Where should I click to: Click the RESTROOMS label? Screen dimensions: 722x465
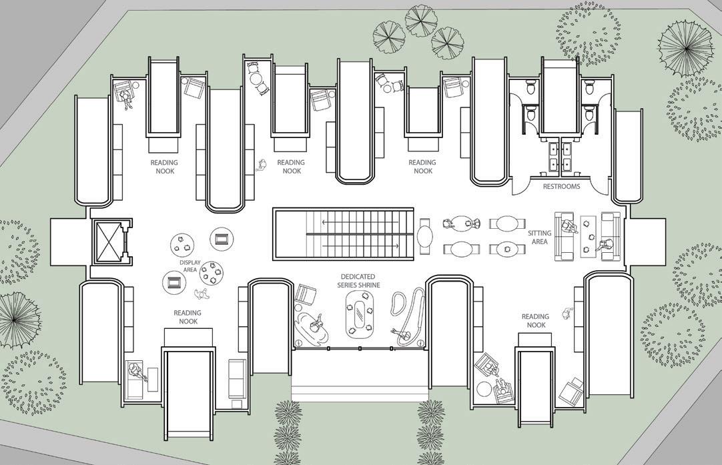[x=561, y=187]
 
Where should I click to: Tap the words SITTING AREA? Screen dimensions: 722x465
[x=540, y=238]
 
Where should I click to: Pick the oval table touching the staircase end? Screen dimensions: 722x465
[x=425, y=237]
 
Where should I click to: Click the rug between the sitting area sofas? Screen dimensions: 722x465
[x=588, y=236]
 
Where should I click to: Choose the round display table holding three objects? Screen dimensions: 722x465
[x=182, y=245]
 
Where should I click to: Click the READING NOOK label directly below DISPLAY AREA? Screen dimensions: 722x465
[x=188, y=317]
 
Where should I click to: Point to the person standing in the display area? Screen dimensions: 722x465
[x=201, y=294]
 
